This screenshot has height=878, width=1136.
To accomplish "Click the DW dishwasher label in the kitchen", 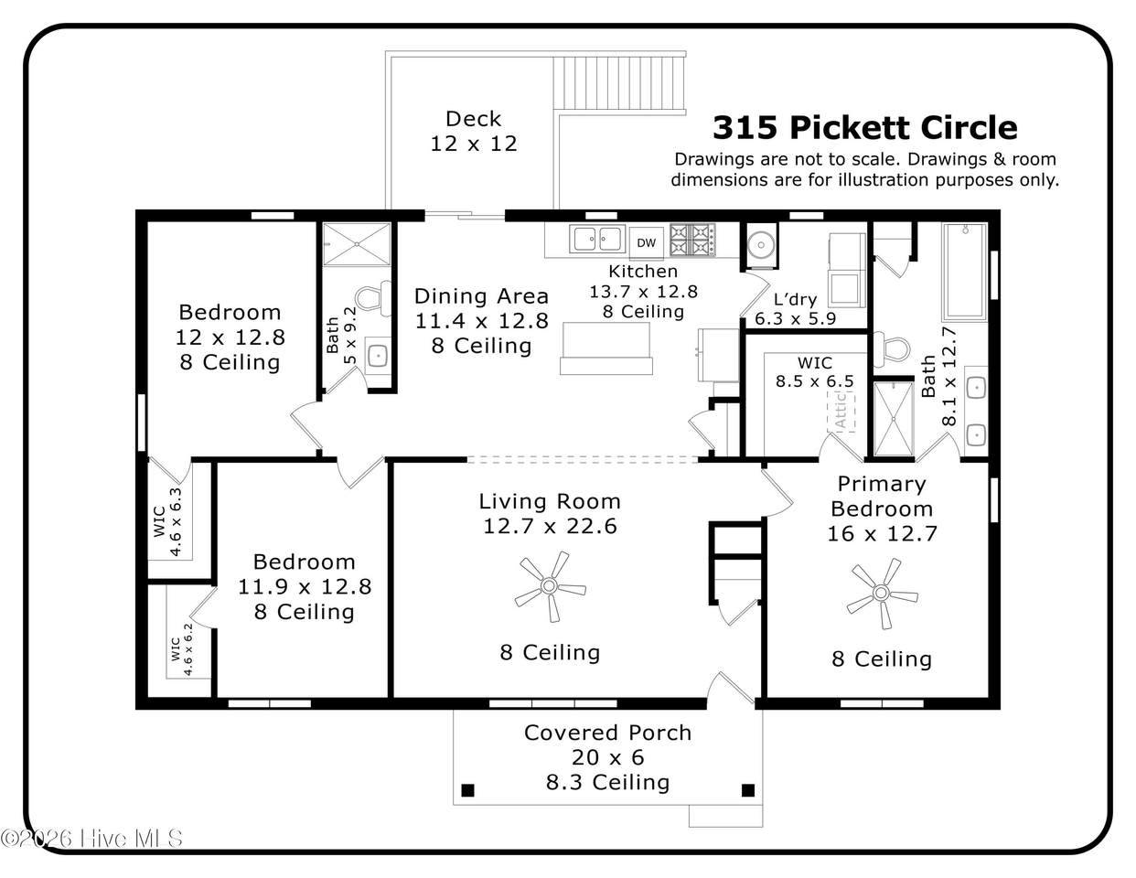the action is click(x=646, y=243).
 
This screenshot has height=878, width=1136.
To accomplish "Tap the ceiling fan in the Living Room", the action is click(x=550, y=586).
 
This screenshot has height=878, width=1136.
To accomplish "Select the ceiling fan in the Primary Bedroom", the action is click(x=882, y=594).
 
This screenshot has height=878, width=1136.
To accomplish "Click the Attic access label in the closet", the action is click(x=841, y=411).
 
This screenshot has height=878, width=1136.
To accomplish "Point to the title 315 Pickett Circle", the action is click(x=864, y=127).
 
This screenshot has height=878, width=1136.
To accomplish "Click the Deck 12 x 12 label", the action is click(x=474, y=131).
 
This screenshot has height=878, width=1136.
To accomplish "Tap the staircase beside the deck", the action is click(x=619, y=82).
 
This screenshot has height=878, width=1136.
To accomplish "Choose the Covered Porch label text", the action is click(x=607, y=733).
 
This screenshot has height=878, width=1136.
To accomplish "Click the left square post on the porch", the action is click(x=468, y=790).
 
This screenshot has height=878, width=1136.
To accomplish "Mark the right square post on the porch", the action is click(x=748, y=790).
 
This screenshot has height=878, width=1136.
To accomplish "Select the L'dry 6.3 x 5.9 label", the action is click(x=795, y=309).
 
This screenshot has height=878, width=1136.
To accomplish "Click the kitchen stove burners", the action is click(x=692, y=240).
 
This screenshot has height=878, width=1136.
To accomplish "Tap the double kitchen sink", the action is click(x=597, y=239).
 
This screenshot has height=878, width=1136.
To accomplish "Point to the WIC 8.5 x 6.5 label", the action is click(x=814, y=371).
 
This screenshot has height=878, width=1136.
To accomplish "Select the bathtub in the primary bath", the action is click(x=965, y=272).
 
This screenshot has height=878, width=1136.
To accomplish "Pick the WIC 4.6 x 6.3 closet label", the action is click(x=167, y=522).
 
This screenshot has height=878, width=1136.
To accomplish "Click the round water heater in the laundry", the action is click(x=761, y=244).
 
